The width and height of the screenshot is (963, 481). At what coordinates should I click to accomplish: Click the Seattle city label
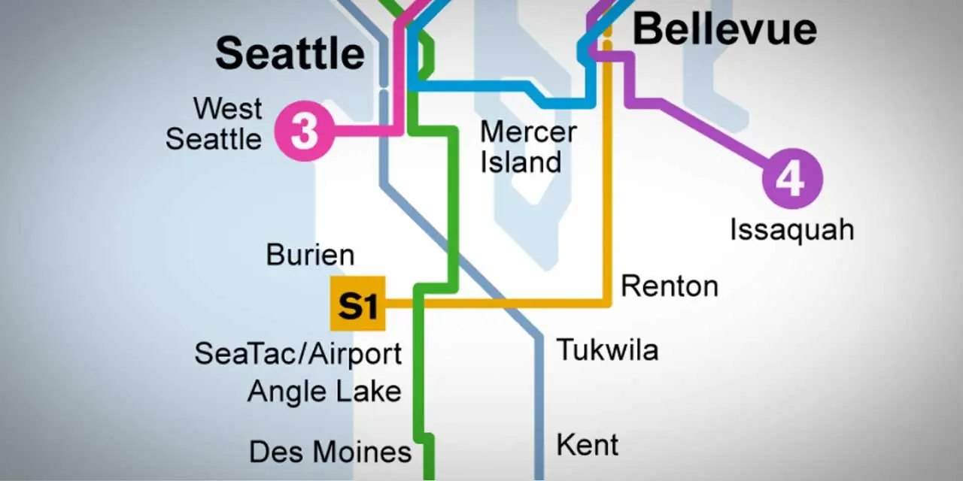[x=290, y=53]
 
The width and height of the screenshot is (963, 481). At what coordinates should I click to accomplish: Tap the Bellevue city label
[x=725, y=29]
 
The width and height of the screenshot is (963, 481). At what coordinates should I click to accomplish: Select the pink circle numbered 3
[x=304, y=131]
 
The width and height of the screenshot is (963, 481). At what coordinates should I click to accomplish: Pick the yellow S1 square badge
[x=357, y=304]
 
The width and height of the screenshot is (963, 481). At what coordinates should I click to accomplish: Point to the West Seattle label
[x=214, y=123]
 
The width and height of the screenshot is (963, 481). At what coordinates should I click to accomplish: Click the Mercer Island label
[x=528, y=147]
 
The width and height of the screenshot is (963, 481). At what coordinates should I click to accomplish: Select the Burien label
[x=310, y=256]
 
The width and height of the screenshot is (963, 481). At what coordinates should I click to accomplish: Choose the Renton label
[x=669, y=286]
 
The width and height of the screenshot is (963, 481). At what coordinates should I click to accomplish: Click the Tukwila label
[x=607, y=350]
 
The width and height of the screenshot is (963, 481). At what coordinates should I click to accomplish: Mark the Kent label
[x=587, y=444]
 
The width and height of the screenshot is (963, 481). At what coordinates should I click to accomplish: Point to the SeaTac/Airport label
[x=298, y=353]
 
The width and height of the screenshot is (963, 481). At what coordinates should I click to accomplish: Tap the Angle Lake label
[x=324, y=392]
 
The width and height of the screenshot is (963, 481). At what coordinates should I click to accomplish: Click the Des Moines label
[x=330, y=452]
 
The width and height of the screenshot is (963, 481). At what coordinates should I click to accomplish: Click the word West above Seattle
[x=227, y=108]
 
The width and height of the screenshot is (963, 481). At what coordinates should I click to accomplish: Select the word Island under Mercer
[x=521, y=162]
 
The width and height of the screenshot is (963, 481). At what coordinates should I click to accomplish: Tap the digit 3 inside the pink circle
[x=304, y=131]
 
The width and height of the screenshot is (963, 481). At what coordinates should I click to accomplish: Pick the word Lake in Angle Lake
[x=369, y=391]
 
